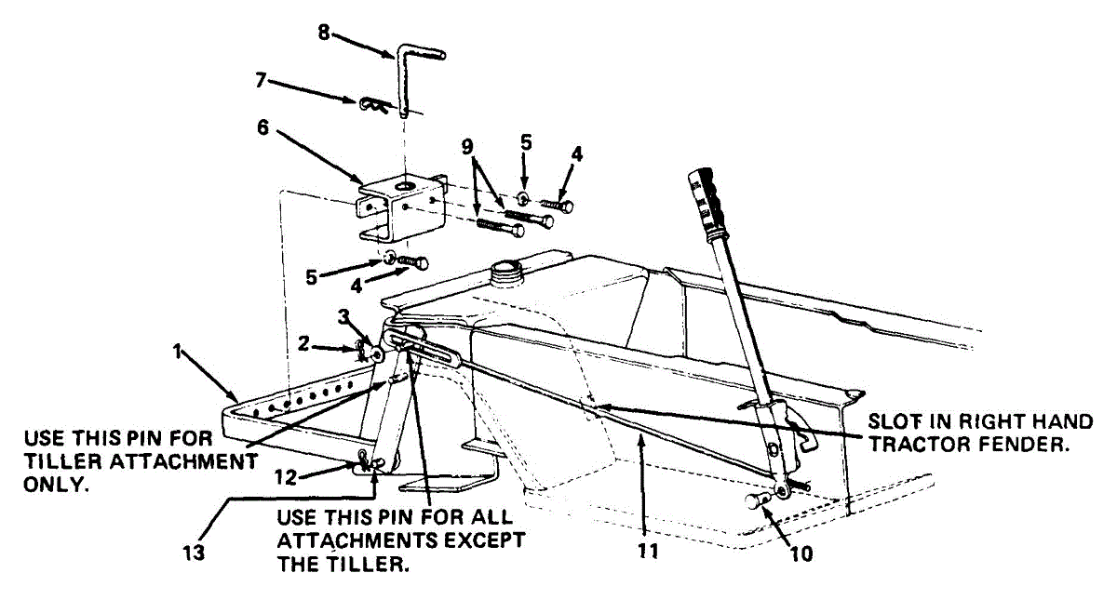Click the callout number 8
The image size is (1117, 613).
[x=323, y=33]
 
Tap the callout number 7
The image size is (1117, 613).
[x=263, y=80]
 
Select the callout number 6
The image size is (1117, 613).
[x=263, y=127]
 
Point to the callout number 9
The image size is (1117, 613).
[x=466, y=146]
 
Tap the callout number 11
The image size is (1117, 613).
[x=649, y=550]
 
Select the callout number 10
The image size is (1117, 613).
[x=801, y=554]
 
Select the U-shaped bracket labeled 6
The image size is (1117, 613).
[x=400, y=214]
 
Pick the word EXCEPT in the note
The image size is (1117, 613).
[x=485, y=540]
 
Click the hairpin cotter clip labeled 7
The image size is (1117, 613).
[x=373, y=104]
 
